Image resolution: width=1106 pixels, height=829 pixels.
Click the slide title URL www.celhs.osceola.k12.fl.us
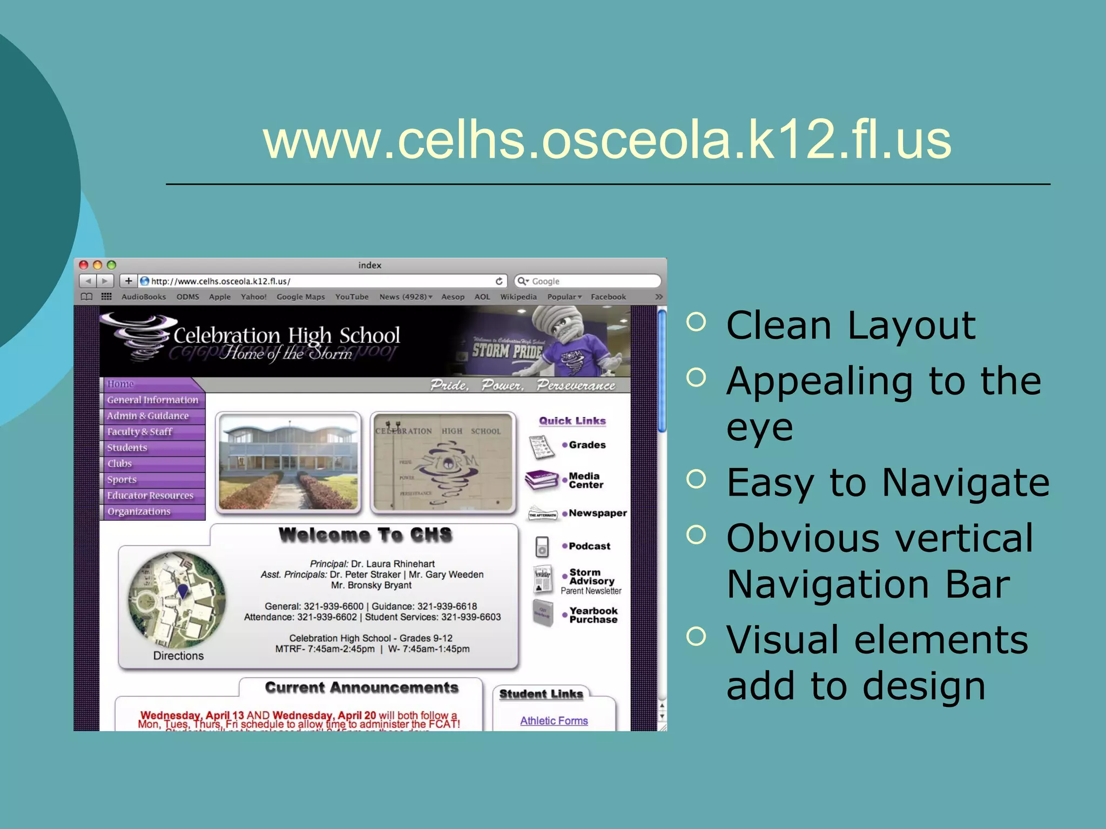pyautogui.click(x=607, y=140)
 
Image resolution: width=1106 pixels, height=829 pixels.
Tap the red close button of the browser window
pyautogui.click(x=84, y=265)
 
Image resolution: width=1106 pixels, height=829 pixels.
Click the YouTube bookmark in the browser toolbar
pyautogui.click(x=352, y=297)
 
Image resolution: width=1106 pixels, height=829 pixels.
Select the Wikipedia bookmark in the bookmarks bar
pyautogui.click(x=518, y=297)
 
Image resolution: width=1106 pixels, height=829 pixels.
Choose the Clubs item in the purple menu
pyautogui.click(x=119, y=464)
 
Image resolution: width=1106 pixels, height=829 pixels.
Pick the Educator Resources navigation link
pyautogui.click(x=150, y=495)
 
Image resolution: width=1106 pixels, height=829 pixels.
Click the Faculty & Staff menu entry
pyautogui.click(x=139, y=432)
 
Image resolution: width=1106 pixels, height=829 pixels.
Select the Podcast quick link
pyautogui.click(x=589, y=546)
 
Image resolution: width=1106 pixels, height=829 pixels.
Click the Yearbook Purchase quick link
pyautogui.click(x=593, y=615)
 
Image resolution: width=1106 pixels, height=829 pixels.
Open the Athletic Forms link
pyautogui.click(x=554, y=721)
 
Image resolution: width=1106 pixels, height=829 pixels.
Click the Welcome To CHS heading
pyautogui.click(x=365, y=535)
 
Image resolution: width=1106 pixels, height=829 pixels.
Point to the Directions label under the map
pyautogui.click(x=178, y=656)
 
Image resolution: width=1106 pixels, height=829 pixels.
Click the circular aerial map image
pyautogui.click(x=177, y=599)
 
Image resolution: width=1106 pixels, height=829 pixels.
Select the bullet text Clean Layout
pyautogui.click(x=851, y=326)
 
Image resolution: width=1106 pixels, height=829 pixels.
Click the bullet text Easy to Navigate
pyautogui.click(x=888, y=483)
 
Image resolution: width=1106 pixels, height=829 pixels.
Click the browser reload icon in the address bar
pyautogui.click(x=499, y=281)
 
